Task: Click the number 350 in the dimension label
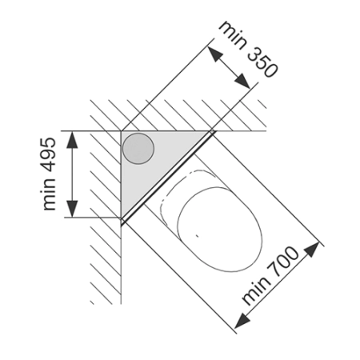pyautogui.click(x=262, y=62)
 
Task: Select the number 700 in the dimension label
pyautogui.click(x=284, y=261)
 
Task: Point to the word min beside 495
pyautogui.click(x=50, y=194)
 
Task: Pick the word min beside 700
pyautogui.click(x=255, y=290)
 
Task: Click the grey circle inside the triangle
pyautogui.click(x=138, y=148)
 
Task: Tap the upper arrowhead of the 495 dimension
pyautogui.click(x=72, y=139)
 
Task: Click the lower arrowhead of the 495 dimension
pyautogui.click(x=72, y=209)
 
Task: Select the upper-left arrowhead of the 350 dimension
pyautogui.click(x=215, y=54)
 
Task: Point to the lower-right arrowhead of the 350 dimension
pyautogui.click(x=242, y=81)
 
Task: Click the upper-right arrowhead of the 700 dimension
pyautogui.click(x=311, y=250)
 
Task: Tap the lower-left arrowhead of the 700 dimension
pyautogui.click(x=242, y=321)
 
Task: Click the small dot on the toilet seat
pyautogui.click(x=197, y=235)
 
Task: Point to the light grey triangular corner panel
pyautogui.click(x=150, y=160)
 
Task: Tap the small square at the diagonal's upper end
pyautogui.click(x=212, y=131)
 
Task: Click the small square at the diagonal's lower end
pyautogui.click(x=123, y=221)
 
